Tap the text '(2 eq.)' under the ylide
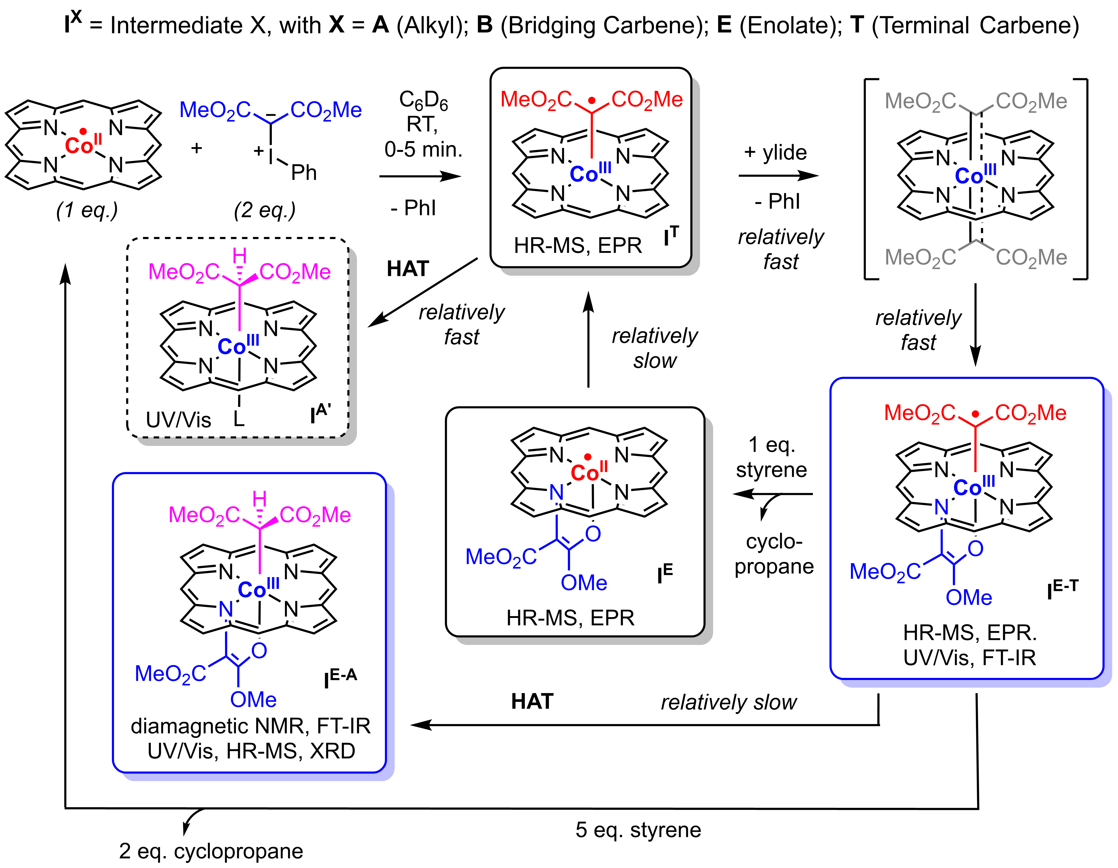265,210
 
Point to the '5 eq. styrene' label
638,830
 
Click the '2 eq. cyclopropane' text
211,851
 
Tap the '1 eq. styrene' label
772,457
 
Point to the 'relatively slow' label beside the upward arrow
655,348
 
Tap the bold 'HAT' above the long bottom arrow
532,701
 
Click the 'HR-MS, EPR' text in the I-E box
570,618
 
